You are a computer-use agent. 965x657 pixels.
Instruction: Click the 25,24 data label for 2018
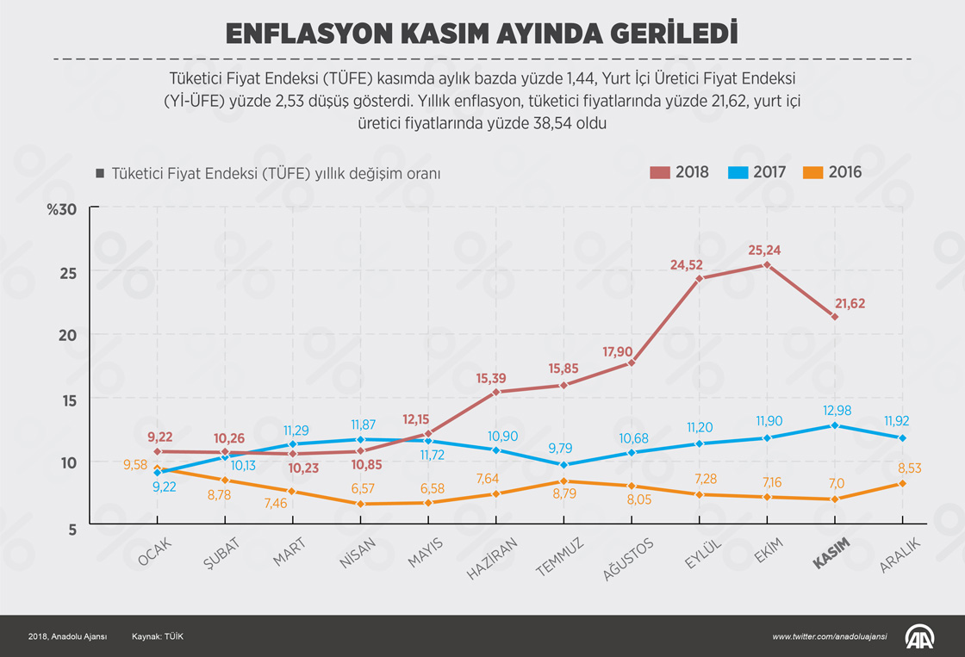[x=767, y=251]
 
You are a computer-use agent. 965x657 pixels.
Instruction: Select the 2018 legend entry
[x=680, y=172]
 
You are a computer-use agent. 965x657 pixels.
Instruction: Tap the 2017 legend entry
[x=757, y=172]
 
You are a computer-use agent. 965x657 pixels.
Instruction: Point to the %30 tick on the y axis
[x=62, y=210]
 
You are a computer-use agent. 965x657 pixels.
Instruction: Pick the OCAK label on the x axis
[x=155, y=552]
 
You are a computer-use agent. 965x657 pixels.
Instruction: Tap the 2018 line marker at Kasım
[x=835, y=317]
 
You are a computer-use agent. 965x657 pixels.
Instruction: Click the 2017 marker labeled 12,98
[x=834, y=425]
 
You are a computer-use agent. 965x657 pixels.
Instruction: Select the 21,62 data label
[x=850, y=303]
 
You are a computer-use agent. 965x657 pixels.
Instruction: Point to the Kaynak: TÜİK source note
[x=158, y=636]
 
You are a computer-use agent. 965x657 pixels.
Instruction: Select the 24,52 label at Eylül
[x=688, y=264]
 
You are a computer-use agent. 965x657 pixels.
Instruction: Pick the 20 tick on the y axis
[x=68, y=335]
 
